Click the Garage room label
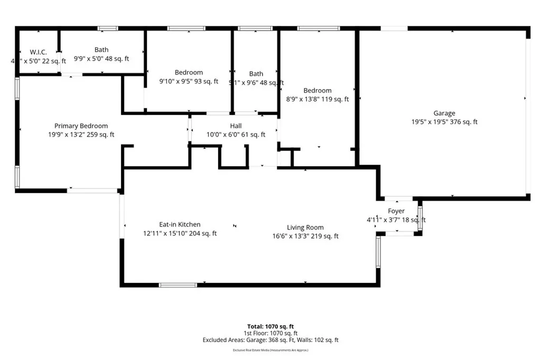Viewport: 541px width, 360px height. coord(444,113)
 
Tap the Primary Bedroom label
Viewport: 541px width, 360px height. coord(81,126)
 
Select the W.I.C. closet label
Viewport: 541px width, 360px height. coord(38,52)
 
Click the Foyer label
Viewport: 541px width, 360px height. coord(396,211)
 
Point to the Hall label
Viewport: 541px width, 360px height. coord(236,126)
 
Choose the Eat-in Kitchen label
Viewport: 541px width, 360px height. coord(180,224)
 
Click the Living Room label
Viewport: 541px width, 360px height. coord(305,228)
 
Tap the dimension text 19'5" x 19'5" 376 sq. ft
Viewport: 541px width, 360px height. coord(444,122)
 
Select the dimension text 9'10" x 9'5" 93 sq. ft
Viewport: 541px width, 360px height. coord(189,81)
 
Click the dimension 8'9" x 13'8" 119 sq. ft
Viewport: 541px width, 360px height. coord(318,99)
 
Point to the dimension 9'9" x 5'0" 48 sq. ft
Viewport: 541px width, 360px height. coord(101,59)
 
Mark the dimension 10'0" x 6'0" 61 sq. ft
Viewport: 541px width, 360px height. coord(236,135)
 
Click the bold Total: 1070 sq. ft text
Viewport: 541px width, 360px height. coord(270,326)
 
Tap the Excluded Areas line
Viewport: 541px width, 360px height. coord(270,340)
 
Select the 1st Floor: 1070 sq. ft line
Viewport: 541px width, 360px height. coord(270,333)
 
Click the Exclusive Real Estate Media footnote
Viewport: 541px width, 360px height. coord(270,350)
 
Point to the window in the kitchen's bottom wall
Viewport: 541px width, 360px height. coord(178,285)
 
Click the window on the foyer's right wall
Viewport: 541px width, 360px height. coord(420,218)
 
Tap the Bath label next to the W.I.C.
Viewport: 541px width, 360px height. coord(101,50)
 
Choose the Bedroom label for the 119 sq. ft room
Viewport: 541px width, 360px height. coord(318,90)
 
